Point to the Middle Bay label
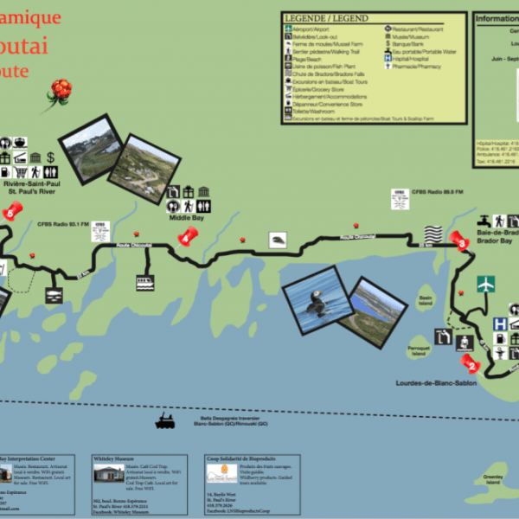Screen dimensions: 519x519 tap(186, 219)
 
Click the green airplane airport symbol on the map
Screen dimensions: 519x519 tap(485, 283)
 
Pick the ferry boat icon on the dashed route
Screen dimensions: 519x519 tap(164, 423)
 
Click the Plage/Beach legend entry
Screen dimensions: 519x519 tap(309, 60)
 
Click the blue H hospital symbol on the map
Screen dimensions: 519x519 tap(499, 324)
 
